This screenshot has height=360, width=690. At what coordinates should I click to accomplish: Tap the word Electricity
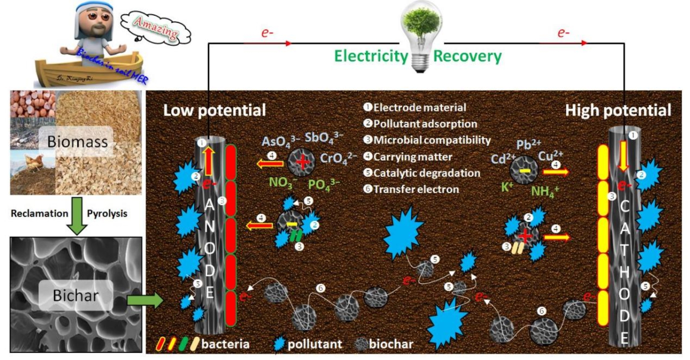[371, 56]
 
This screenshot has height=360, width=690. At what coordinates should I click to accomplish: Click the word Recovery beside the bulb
[467, 56]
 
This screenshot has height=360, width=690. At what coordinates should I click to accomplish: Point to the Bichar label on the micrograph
[75, 295]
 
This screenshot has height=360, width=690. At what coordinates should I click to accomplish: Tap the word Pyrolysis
[107, 214]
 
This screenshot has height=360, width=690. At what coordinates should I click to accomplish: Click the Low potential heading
[214, 110]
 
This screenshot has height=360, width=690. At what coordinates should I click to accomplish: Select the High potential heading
[618, 110]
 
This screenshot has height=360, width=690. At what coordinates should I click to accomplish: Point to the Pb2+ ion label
[528, 144]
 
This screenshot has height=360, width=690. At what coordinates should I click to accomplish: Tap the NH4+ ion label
[545, 192]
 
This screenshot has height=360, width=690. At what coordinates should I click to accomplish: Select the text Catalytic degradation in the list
[427, 173]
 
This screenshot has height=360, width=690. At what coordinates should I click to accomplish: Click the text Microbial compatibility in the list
[432, 140]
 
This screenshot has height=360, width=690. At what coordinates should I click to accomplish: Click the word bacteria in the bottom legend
[225, 344]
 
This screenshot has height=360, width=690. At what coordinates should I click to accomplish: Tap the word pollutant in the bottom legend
[315, 344]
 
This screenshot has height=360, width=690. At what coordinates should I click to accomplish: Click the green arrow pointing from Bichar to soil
[145, 301]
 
